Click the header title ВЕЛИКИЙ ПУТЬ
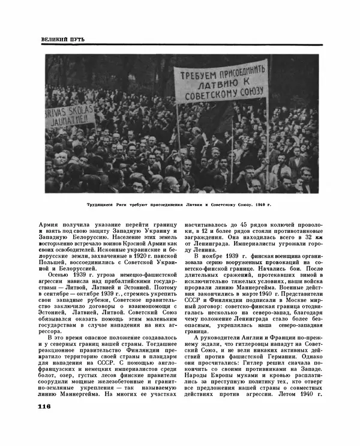[63, 39]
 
